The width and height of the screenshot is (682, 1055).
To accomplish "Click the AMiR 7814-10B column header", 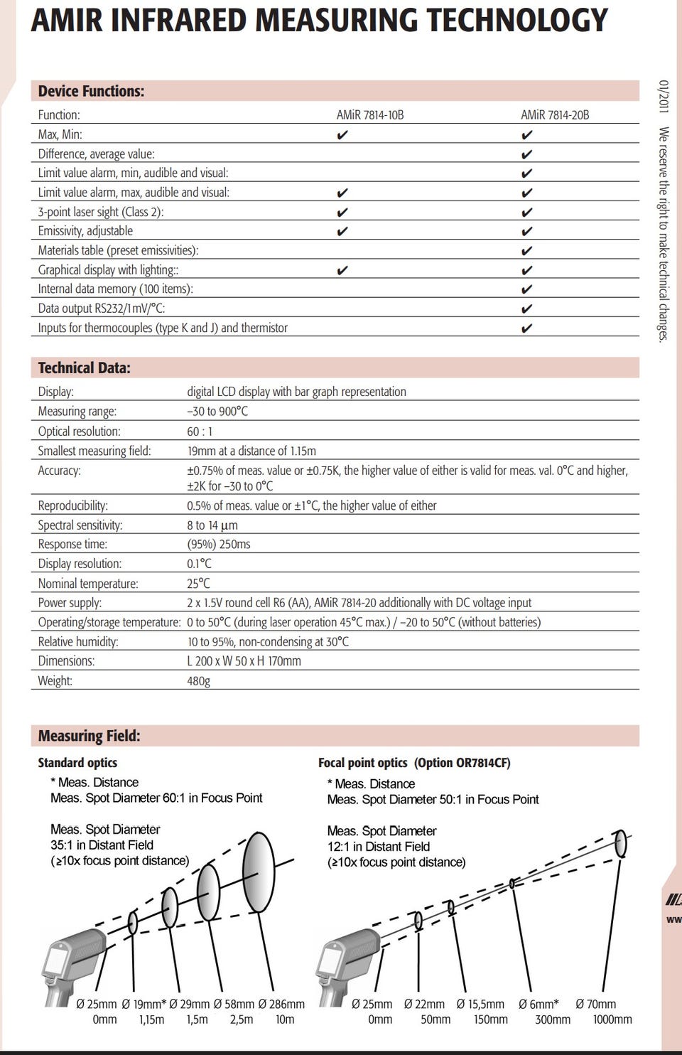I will tap(370, 115).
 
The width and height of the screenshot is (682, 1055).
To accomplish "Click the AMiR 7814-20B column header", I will tap(555, 115).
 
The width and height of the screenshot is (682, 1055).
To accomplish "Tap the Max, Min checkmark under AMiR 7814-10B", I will tap(342, 135).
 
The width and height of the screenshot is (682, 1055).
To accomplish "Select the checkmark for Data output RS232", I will tap(526, 309).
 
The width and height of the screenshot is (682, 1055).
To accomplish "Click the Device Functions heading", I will tap(91, 91).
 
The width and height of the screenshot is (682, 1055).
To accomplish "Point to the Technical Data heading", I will tap(84, 368).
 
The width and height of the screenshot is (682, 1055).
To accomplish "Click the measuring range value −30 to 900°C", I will tap(217, 412).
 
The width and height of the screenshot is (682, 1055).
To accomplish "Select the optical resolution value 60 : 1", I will tap(200, 432).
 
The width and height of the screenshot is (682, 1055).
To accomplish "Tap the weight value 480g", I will tap(198, 681).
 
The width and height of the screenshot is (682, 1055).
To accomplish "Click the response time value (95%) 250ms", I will tap(219, 545).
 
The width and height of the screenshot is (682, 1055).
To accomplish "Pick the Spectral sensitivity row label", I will tap(80, 525).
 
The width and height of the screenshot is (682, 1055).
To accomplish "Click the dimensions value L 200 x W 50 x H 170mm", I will tap(244, 661).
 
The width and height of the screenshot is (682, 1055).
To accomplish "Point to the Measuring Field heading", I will tap(89, 736).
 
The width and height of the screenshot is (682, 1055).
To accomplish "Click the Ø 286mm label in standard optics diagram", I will tap(281, 1004).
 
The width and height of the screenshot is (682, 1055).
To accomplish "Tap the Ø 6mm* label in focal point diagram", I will tap(538, 1004).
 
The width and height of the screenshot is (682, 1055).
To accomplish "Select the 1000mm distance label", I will tap(612, 1019).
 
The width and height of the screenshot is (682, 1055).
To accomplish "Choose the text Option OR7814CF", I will tap(462, 763).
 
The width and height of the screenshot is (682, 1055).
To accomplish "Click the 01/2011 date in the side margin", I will tap(664, 96).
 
